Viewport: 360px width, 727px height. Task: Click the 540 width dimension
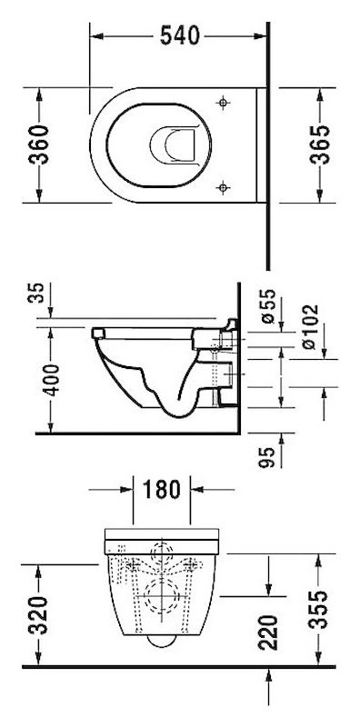(x=179, y=35)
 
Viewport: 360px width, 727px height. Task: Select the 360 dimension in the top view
(x=39, y=144)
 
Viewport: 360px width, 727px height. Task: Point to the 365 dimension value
(x=320, y=144)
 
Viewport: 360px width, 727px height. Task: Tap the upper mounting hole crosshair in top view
(x=223, y=103)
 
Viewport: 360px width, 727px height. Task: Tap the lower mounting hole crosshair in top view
(x=223, y=187)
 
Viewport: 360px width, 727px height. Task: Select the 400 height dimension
(x=51, y=380)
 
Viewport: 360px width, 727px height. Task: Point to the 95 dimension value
(x=267, y=457)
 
